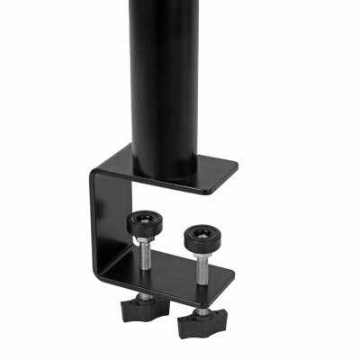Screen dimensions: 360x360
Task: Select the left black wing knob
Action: (x=141, y=308)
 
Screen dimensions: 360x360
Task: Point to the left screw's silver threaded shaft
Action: (x=142, y=256)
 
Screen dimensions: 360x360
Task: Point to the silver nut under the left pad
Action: (x=141, y=238)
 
